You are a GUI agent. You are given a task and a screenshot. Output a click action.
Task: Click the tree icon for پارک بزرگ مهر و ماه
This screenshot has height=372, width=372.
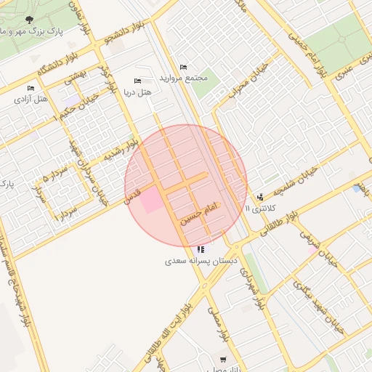coord(28,20)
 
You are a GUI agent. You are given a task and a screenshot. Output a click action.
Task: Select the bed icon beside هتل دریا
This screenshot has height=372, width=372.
coord(137,81)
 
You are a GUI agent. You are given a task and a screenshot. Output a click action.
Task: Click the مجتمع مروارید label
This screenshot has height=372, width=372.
coord(187,78)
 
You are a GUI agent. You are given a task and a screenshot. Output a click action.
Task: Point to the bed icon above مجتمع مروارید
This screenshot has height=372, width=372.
coord(182,67)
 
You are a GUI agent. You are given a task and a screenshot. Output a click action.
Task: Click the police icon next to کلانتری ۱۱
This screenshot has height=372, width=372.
coord(260,196)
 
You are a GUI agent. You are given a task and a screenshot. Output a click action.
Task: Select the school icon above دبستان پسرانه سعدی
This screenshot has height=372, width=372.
coord(200,249)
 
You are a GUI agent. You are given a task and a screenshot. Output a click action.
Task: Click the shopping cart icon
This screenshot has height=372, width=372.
coord(222,359)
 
